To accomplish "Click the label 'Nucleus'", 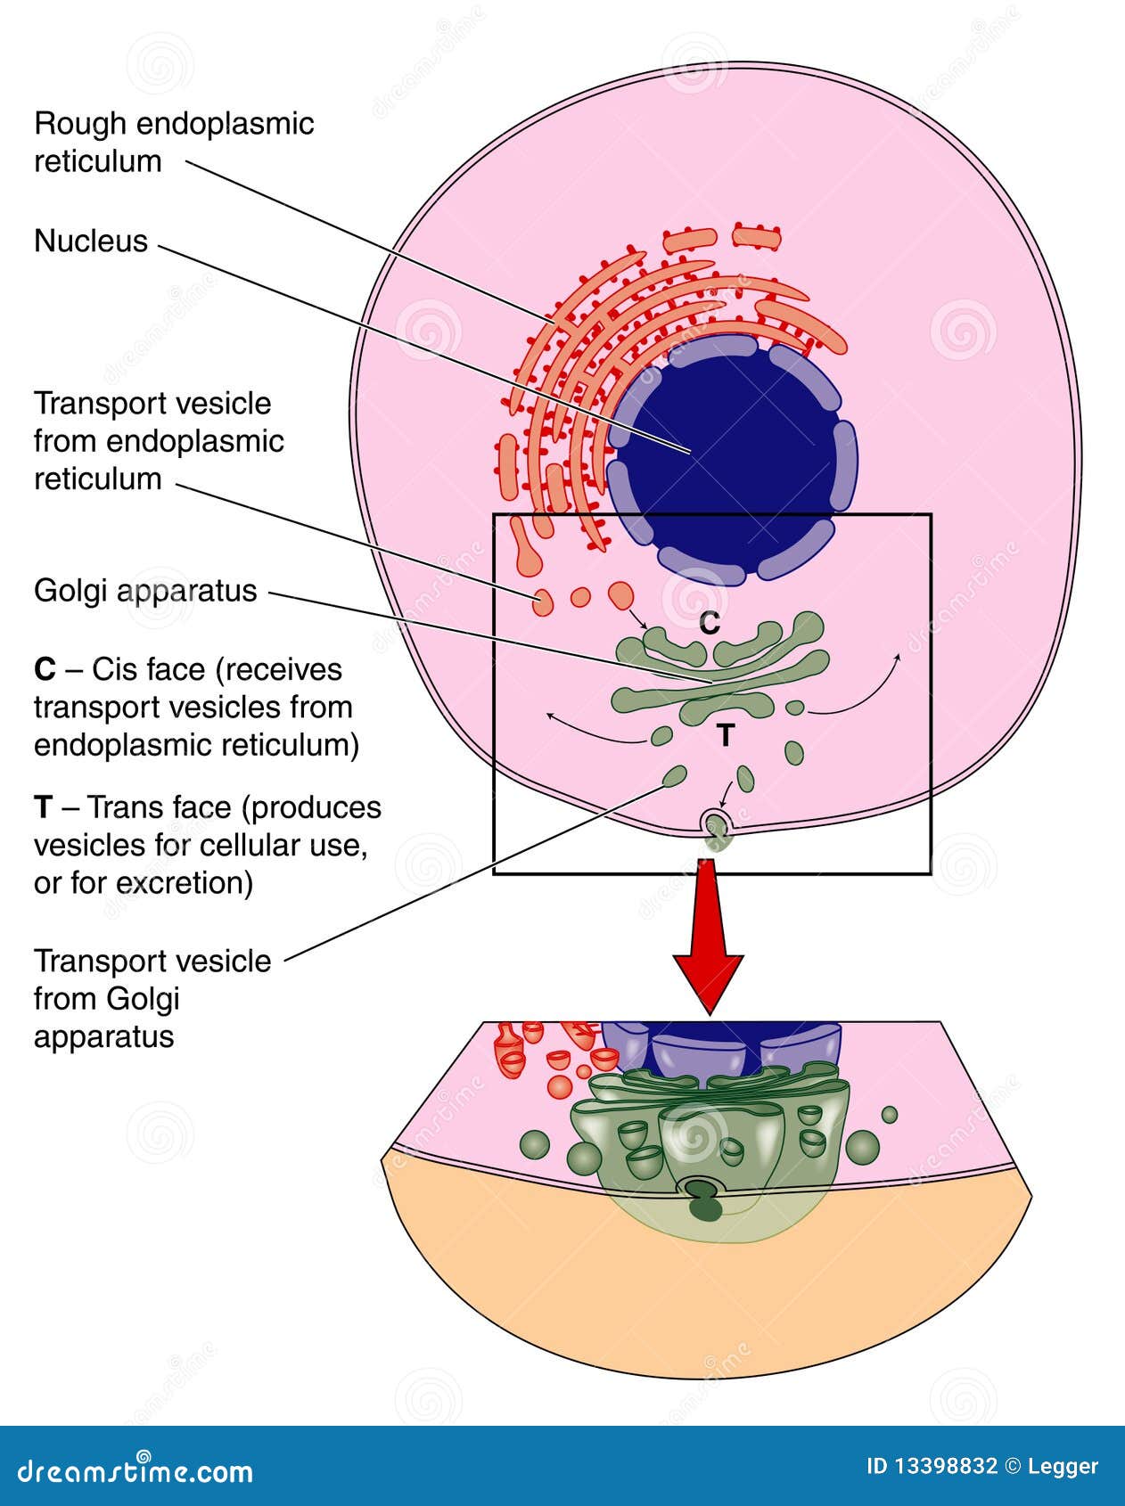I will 90,241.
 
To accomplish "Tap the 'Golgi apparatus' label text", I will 145,591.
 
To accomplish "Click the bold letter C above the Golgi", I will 710,624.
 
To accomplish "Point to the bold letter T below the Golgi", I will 726,736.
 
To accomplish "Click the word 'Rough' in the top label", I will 76,124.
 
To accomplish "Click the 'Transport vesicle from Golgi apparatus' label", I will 152,999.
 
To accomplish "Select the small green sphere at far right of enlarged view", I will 889,1114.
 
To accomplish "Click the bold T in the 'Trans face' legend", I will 43,808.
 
